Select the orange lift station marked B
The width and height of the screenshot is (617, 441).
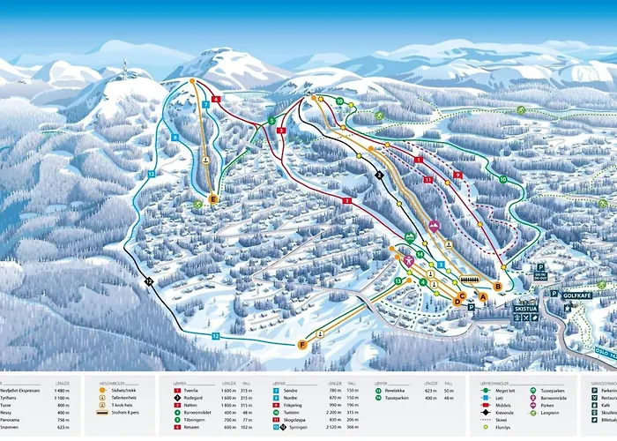point(498,287)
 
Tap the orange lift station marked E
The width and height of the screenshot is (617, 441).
point(212,199)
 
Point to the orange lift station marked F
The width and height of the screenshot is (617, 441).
point(302,344)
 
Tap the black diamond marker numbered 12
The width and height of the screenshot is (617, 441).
point(148,281)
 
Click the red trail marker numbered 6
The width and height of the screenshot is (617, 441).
point(216,100)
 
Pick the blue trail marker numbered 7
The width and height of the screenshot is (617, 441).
point(204,104)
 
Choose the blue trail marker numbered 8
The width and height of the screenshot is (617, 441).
point(175,138)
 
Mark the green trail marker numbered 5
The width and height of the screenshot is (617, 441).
point(271,120)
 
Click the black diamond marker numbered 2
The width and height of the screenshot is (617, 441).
point(379,176)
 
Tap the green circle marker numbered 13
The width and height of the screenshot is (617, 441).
point(398,280)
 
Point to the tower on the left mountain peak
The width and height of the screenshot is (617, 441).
point(125,67)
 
